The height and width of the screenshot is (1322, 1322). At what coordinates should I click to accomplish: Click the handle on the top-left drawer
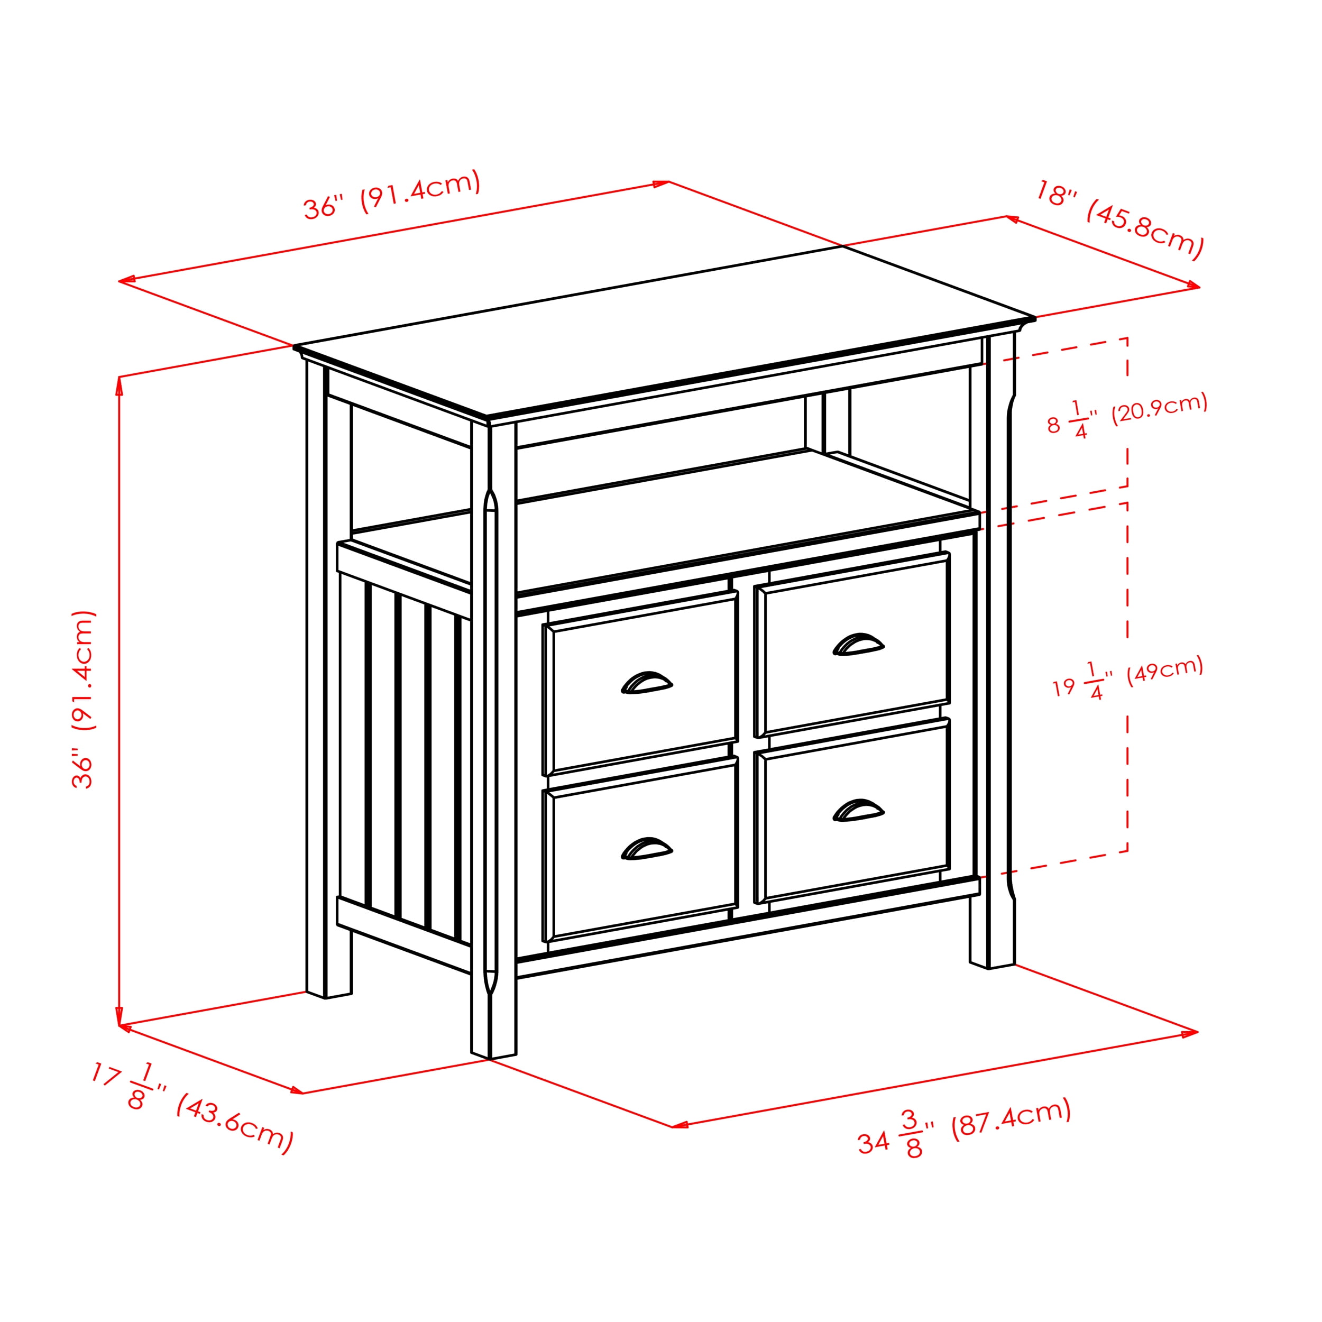(647, 683)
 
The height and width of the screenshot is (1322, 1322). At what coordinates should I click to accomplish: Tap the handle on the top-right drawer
(858, 645)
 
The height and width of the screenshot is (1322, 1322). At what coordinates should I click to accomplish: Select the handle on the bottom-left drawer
(647, 849)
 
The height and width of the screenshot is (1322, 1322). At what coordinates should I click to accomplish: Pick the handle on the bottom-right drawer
(858, 810)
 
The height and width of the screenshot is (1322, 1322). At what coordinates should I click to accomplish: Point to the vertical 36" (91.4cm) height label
(84, 699)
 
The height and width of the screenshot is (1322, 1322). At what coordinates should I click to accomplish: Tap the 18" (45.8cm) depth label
(1119, 219)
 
